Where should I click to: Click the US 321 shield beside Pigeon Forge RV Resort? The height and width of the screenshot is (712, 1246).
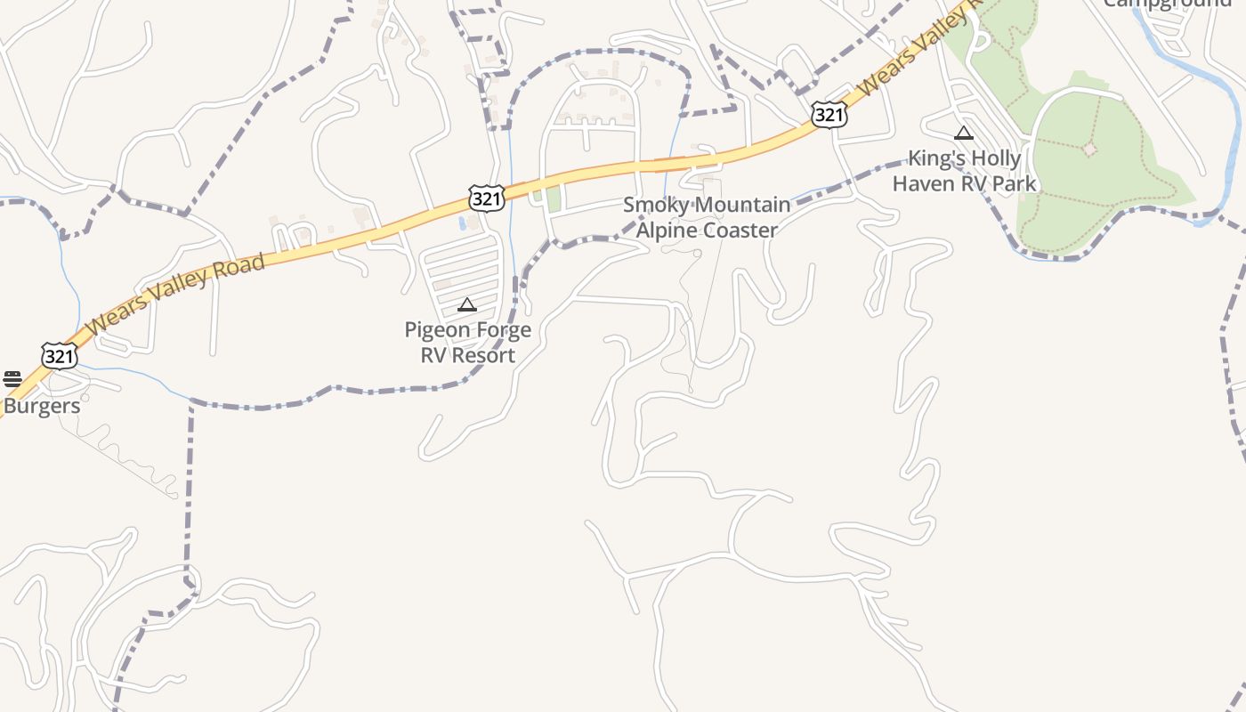[487, 198]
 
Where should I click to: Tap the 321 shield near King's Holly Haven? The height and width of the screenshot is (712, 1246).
[828, 114]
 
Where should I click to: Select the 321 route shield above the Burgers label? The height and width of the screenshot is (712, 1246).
[59, 356]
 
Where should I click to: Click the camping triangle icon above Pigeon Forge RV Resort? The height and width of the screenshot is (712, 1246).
[467, 305]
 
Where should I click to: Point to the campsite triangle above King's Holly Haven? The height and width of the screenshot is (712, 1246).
[963, 134]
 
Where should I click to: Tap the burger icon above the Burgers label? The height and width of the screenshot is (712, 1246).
[12, 379]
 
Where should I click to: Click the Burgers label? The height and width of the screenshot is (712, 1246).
[41, 407]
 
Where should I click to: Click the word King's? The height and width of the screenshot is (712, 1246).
[937, 159]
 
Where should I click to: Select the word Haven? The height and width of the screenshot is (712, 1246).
[923, 184]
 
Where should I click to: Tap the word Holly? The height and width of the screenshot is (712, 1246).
[996, 159]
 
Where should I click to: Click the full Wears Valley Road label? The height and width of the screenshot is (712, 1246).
[176, 295]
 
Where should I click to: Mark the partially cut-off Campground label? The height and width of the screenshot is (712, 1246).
[1167, 4]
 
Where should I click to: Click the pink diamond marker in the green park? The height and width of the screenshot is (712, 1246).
[1089, 150]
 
